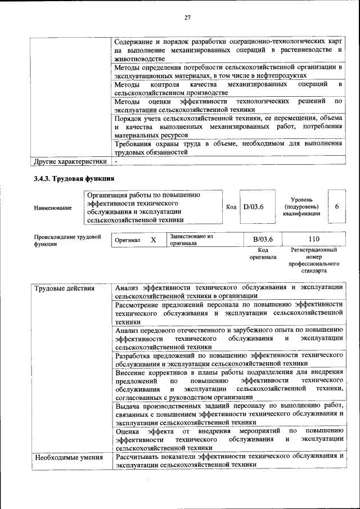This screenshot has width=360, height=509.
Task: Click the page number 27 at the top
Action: point(188,18)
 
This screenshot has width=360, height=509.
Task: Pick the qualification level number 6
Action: point(336,206)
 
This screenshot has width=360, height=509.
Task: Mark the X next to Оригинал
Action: point(153,240)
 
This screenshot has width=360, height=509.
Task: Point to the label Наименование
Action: point(53,208)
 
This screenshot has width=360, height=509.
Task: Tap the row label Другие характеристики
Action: point(70,161)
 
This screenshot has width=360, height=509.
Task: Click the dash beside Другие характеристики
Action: point(116,161)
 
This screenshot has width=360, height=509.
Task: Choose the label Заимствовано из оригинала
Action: point(191,240)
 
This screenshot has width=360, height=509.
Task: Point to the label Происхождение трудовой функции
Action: point(67,240)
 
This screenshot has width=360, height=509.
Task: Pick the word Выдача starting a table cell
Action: point(128,406)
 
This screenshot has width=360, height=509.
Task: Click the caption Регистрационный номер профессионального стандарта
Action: point(314,260)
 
